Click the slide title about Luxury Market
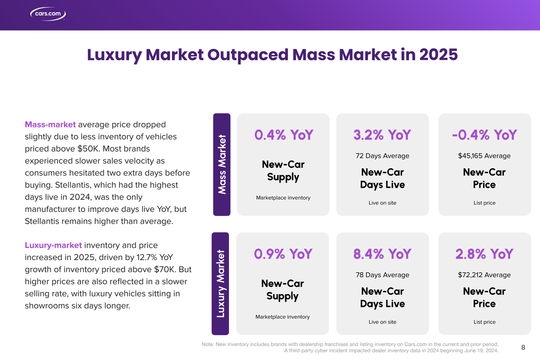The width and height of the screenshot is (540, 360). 272,55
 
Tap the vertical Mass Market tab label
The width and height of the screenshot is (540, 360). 221,164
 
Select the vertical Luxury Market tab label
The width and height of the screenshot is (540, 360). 220,284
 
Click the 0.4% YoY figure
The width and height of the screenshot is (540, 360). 283,135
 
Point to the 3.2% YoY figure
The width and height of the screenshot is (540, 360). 382,135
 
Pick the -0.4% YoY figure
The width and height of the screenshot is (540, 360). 484,135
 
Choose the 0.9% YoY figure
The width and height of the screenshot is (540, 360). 283,254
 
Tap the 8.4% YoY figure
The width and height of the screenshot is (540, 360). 382,254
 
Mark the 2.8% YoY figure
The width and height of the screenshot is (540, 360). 484,254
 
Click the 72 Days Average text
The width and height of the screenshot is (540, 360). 382,156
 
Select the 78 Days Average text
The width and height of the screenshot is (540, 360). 382,275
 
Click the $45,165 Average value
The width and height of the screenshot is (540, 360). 484,156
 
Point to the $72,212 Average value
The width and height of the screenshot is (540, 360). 484,275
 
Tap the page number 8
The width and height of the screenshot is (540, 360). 523,347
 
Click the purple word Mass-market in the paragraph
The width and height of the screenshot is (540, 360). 50,124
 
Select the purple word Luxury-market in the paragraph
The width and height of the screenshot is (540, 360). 53,245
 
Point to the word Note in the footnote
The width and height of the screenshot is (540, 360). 207,344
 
